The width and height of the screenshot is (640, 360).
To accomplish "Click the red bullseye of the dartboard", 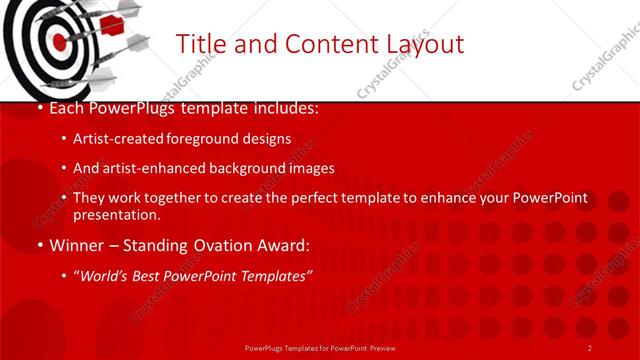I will coord(59,42).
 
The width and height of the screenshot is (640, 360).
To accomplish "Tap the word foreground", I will coord(209,139).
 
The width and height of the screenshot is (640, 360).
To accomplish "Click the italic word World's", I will coord(108,275).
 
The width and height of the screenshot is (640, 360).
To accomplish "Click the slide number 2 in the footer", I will coord(589,347).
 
